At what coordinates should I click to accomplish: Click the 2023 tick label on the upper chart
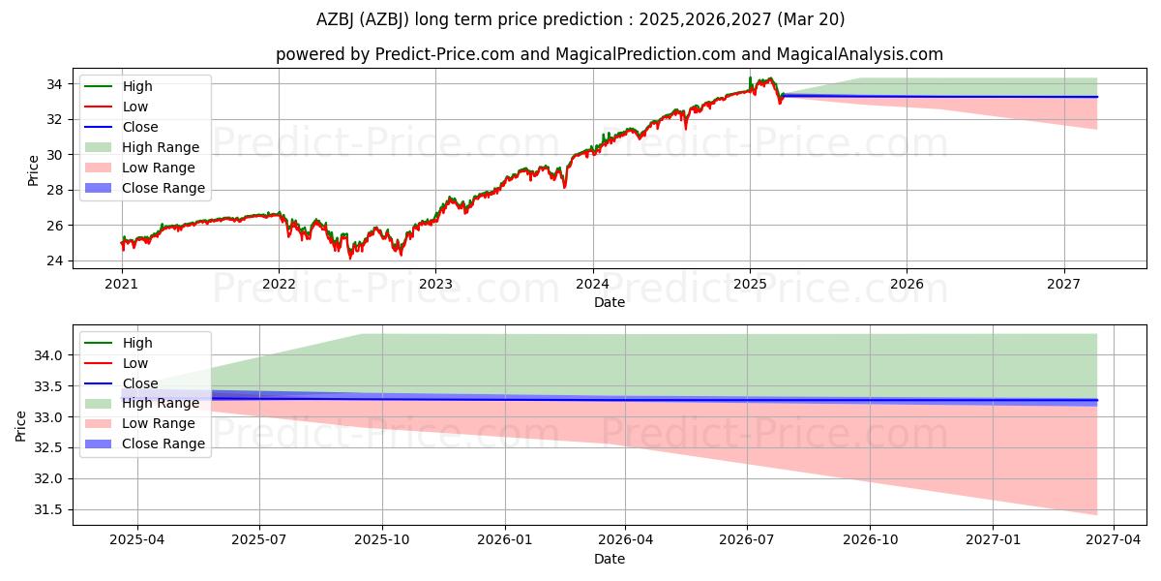pos(435,284)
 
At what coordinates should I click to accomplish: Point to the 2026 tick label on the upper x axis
pos(907,284)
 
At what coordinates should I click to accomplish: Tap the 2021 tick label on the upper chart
pos(121,284)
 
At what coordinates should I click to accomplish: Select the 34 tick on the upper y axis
pos(54,84)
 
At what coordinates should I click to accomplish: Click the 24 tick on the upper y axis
pos(54,260)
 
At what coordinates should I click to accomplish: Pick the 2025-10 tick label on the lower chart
pos(382,540)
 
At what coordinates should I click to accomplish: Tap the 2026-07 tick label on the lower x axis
pos(748,540)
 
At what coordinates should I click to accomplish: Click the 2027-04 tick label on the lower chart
pos(1114,540)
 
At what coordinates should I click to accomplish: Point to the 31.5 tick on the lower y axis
pos(47,509)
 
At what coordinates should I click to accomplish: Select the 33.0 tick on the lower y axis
pos(47,417)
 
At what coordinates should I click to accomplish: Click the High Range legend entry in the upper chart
pos(160,147)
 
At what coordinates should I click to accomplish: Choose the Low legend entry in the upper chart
pos(134,107)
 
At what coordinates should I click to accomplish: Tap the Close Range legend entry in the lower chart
pos(163,443)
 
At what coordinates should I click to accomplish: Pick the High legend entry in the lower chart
pos(136,343)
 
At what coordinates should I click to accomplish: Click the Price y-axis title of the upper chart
pos(33,169)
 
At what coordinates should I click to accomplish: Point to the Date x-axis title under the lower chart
pos(610,559)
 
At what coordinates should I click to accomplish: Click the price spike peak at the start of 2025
pos(750,77)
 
